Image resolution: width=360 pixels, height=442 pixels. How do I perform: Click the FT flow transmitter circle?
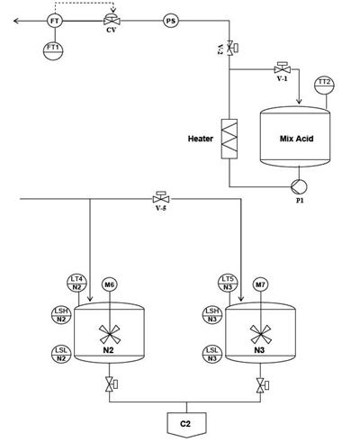(x=55, y=22)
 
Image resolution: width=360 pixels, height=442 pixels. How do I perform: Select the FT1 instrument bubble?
(x=53, y=50)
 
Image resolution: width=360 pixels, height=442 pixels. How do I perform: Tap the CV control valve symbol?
(x=112, y=20)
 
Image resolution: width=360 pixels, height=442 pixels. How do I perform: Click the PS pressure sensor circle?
(x=171, y=22)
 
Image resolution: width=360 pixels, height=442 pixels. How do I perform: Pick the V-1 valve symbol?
(x=283, y=68)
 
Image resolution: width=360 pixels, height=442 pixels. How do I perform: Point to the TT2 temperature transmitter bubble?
(x=324, y=86)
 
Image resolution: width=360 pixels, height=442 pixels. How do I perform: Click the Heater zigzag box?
(x=229, y=139)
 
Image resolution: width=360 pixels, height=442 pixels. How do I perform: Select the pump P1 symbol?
(x=299, y=186)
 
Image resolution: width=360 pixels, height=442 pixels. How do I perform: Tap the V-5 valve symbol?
(x=161, y=197)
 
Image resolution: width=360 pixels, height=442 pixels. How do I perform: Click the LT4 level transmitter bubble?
(x=76, y=283)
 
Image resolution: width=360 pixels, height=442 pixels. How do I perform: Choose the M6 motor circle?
(x=110, y=284)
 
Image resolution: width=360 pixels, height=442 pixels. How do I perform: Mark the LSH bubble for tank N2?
(x=61, y=314)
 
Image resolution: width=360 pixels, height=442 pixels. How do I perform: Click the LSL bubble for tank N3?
(x=212, y=354)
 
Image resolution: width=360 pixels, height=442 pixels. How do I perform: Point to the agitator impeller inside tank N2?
(x=110, y=334)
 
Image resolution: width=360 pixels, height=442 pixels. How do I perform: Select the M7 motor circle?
(x=260, y=284)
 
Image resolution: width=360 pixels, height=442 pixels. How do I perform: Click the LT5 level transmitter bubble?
(x=228, y=283)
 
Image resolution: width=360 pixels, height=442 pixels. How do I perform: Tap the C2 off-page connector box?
(x=186, y=425)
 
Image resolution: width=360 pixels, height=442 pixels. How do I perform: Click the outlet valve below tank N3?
(x=262, y=385)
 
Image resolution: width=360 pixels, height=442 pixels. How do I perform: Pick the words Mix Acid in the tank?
(x=296, y=139)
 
